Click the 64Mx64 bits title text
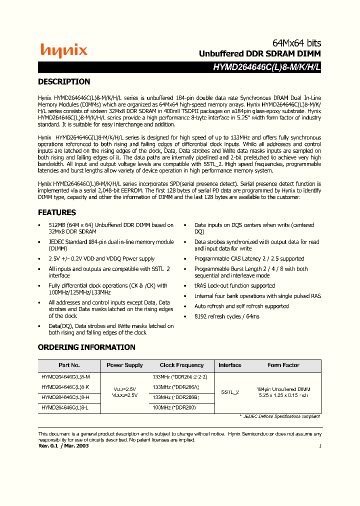(296, 43)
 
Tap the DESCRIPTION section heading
(64, 82)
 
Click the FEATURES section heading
(57, 212)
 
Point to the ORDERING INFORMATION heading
(86, 347)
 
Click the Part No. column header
(69, 365)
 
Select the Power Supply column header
(124, 365)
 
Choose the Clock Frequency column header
(181, 365)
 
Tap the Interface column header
(230, 365)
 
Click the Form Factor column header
(283, 365)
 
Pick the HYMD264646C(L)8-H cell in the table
(65, 397)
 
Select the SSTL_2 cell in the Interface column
(230, 392)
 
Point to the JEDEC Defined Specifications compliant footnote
(279, 416)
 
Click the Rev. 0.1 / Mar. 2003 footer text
(63, 445)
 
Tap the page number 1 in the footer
(319, 445)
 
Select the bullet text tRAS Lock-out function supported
(234, 286)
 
